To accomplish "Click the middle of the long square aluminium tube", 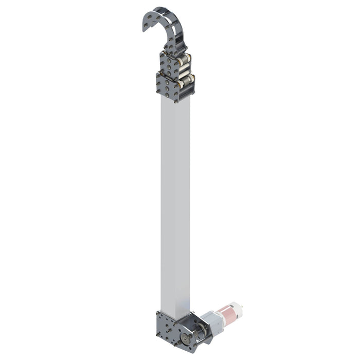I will [x=175, y=206].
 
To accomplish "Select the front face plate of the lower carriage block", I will [x=168, y=86].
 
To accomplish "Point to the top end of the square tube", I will [x=175, y=100].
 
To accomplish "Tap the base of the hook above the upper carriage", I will [x=175, y=49].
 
